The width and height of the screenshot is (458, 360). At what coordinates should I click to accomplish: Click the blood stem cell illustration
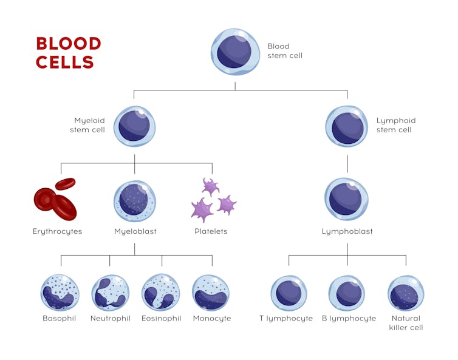(235, 52)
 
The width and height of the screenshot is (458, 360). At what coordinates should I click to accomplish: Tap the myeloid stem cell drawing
(134, 126)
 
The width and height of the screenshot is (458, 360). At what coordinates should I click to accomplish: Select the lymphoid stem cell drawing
(347, 126)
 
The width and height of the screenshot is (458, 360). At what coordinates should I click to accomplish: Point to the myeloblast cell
(134, 201)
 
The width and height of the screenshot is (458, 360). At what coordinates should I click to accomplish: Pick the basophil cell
(60, 293)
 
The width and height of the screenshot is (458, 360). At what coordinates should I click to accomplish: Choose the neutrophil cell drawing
(110, 293)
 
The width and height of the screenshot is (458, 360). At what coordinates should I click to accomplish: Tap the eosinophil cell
(161, 293)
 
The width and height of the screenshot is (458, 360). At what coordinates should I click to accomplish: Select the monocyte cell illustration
(211, 293)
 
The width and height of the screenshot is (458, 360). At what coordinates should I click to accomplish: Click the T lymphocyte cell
(289, 293)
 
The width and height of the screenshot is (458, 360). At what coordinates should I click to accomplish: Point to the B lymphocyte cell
(347, 293)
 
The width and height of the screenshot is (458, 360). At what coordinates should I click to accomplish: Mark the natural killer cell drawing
(406, 293)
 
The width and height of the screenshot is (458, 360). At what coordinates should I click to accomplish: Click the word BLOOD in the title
(69, 44)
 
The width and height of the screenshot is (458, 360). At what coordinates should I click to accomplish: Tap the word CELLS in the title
(65, 63)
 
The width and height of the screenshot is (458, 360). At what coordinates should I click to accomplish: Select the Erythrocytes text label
(57, 231)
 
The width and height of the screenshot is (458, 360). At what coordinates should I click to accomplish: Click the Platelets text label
(211, 231)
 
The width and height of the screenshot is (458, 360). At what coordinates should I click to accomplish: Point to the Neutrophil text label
(110, 318)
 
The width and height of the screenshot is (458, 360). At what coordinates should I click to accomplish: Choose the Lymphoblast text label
(347, 231)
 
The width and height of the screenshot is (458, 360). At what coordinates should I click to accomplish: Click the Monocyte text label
(211, 318)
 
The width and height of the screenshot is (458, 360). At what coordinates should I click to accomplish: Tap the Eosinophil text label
(161, 318)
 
